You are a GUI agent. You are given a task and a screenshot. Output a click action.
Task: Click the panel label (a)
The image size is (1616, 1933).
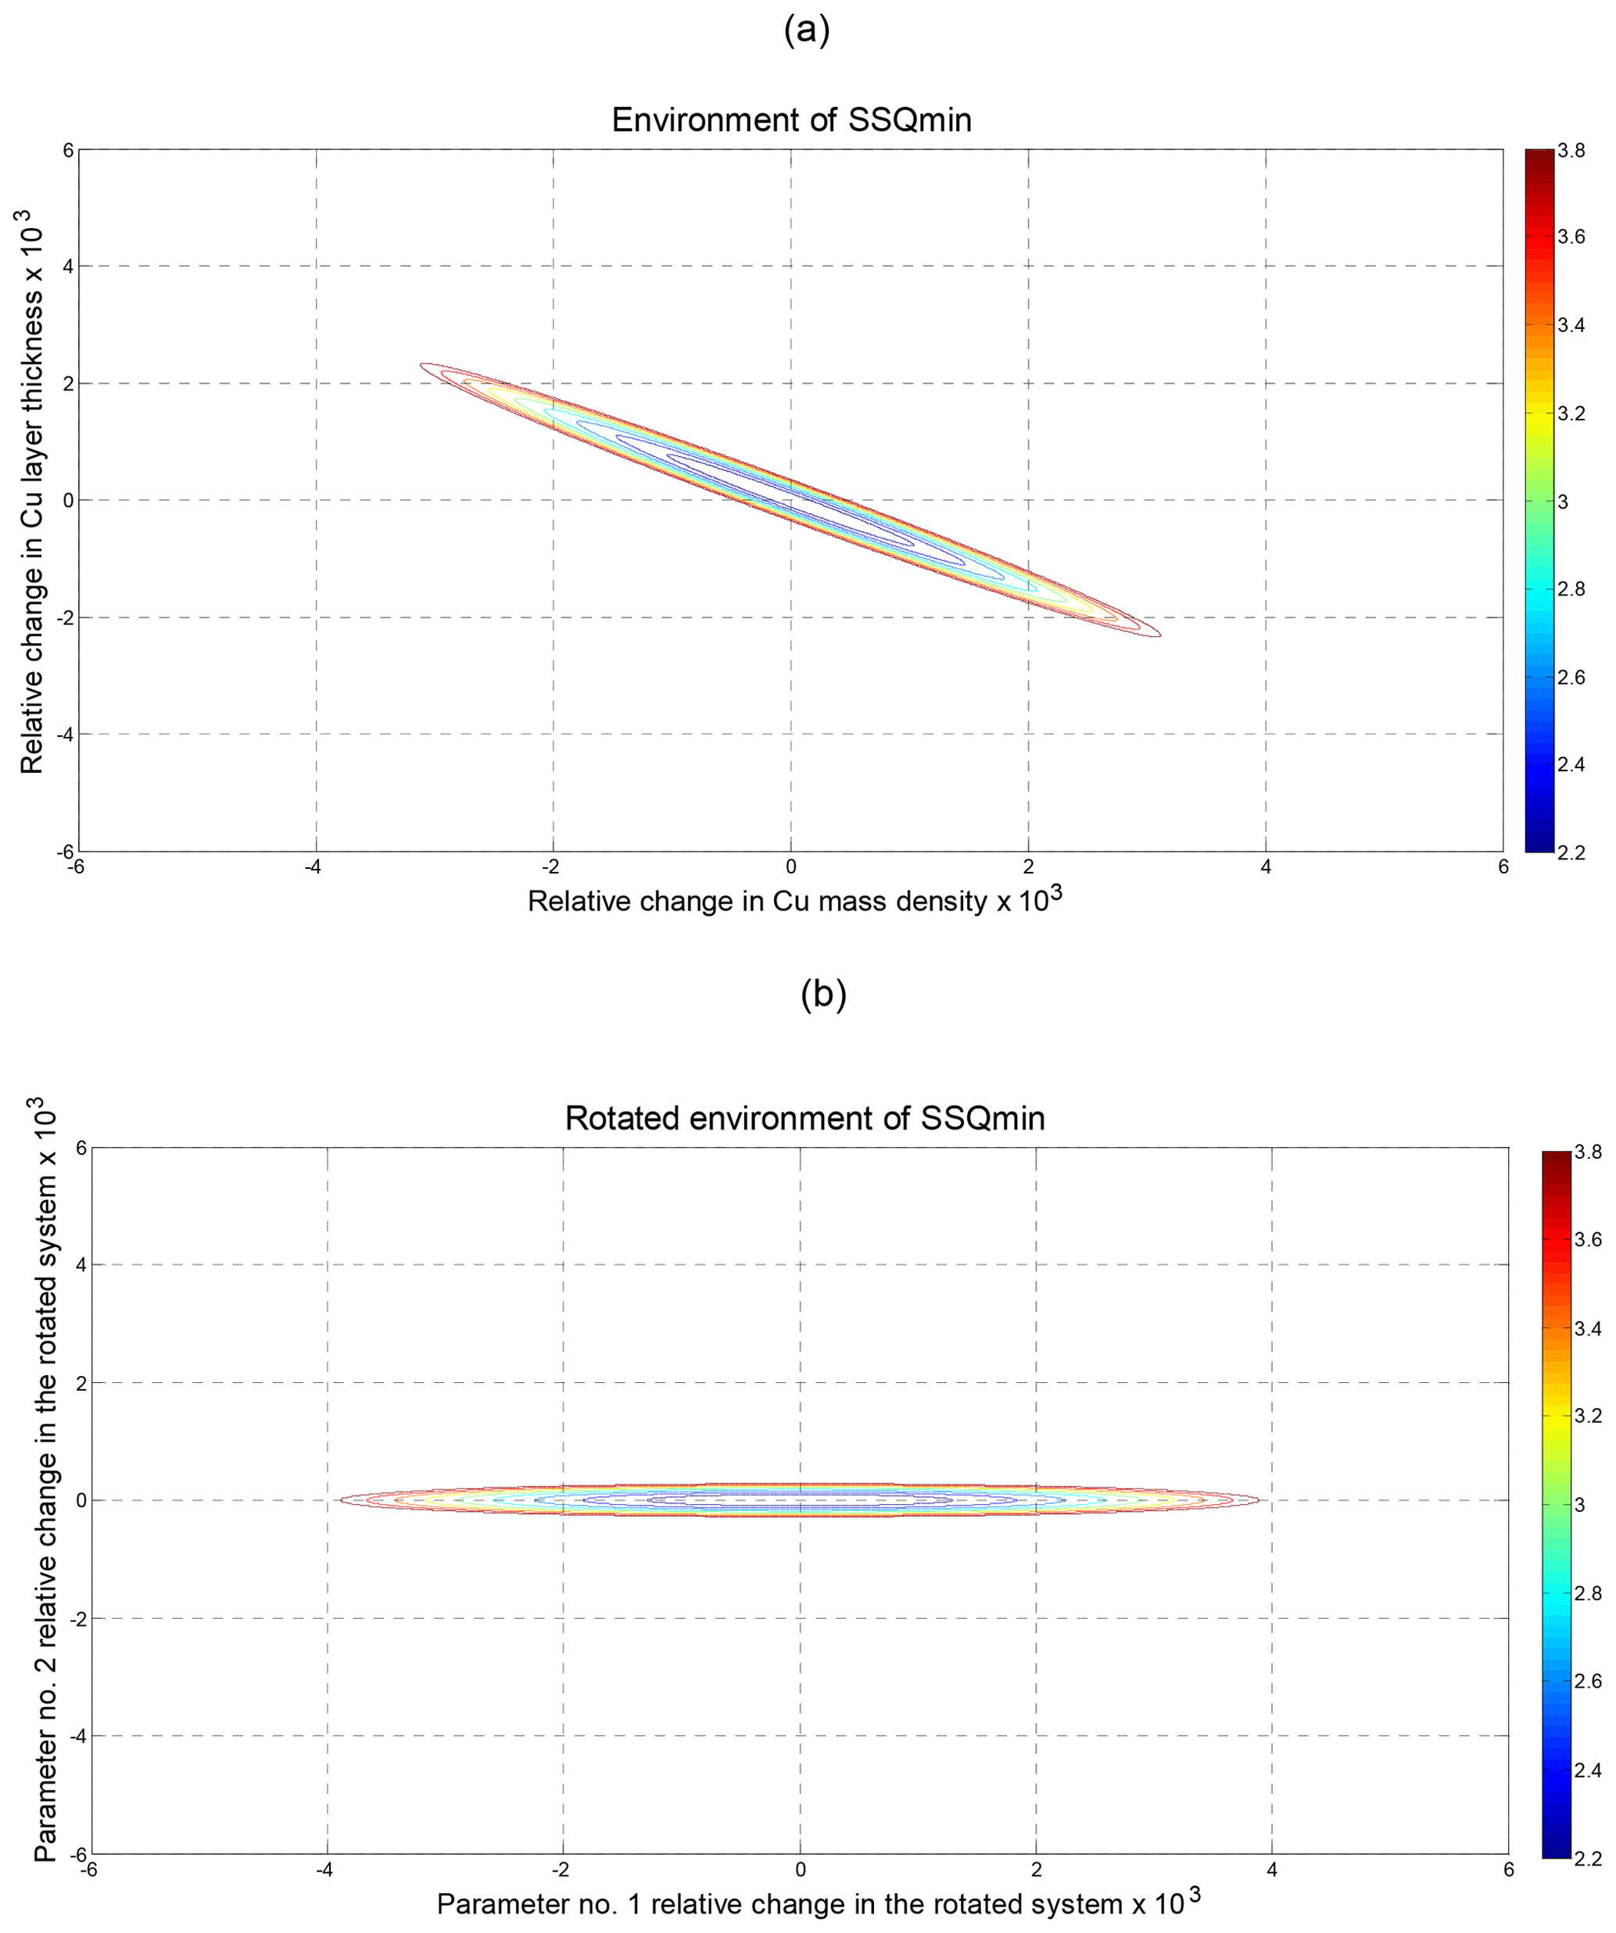click(x=807, y=30)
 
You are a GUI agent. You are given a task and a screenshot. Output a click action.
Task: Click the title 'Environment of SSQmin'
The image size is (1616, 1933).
click(x=791, y=120)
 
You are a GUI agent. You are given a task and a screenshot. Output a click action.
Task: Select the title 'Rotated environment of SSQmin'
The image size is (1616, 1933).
click(x=804, y=1118)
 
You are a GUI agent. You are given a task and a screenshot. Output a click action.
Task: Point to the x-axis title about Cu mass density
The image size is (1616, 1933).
click(x=794, y=899)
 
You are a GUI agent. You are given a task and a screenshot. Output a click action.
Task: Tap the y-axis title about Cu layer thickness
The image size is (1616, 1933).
click(x=32, y=492)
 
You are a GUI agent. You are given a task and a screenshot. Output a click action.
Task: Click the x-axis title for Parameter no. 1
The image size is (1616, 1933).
click(x=818, y=1903)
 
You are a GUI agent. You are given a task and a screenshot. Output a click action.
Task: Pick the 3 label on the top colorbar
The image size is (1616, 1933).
click(x=1563, y=502)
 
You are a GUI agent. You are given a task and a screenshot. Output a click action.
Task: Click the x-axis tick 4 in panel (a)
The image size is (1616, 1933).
click(x=1265, y=867)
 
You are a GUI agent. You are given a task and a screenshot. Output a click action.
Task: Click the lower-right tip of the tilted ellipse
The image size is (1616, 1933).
click(x=1159, y=634)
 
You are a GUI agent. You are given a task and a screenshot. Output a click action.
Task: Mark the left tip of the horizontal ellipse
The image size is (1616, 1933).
click(x=342, y=1500)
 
